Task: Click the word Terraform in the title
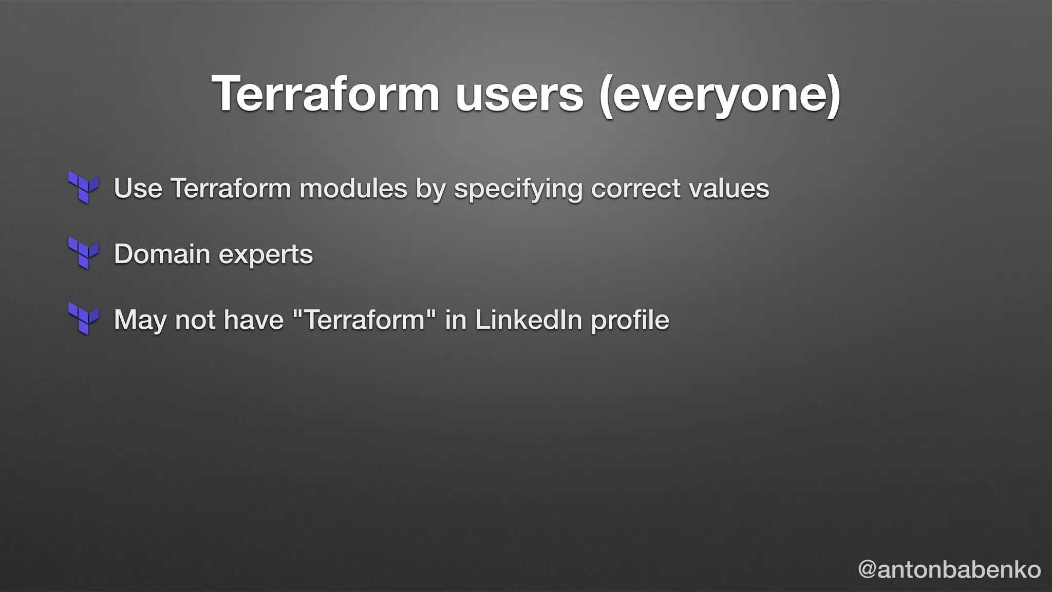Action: [325, 94]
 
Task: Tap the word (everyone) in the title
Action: [719, 95]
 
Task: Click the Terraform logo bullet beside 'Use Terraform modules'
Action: [83, 187]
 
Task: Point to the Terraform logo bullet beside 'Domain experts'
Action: [83, 253]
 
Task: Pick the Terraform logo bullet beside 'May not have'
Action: [83, 319]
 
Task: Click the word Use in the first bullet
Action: [138, 188]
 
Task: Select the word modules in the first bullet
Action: [353, 188]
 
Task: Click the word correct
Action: [635, 188]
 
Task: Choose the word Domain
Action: [162, 254]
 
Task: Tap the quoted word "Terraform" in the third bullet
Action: [364, 320]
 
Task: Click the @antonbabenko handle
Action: [949, 569]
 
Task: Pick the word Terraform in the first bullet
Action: [231, 188]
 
